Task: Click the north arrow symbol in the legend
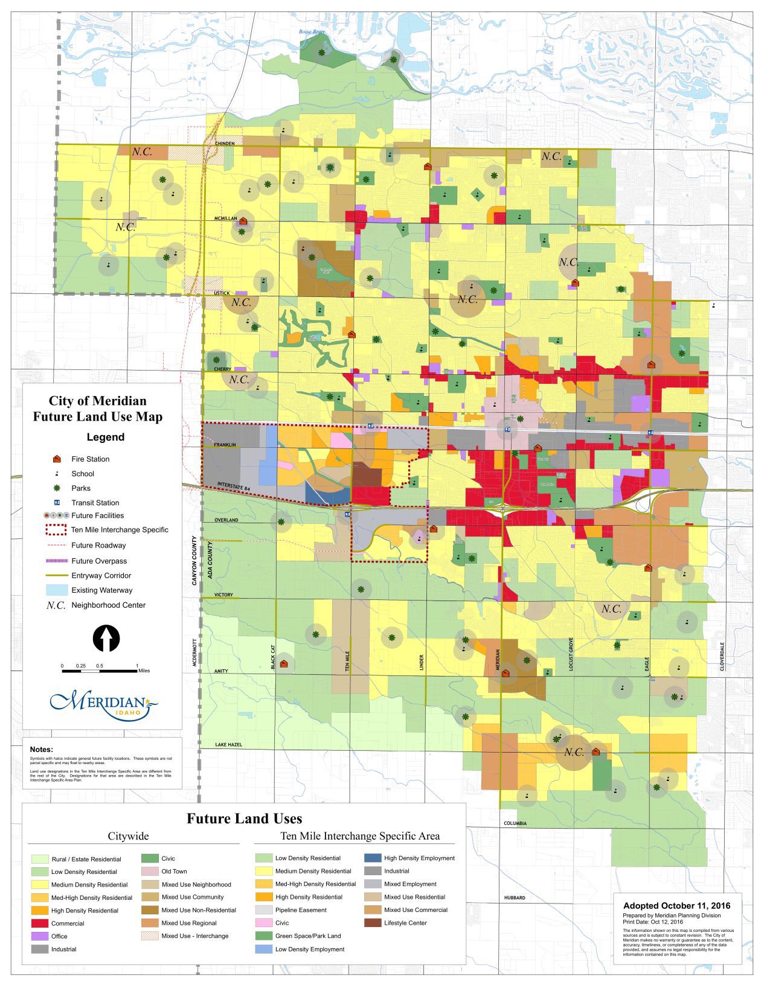click(106, 639)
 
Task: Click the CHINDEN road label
click(224, 144)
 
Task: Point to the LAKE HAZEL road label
click(228, 745)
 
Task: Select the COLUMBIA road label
click(515, 823)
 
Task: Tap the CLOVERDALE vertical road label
click(722, 655)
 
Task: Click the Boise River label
click(312, 31)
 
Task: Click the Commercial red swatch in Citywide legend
click(39, 923)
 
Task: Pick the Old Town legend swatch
click(149, 872)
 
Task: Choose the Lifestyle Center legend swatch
click(373, 923)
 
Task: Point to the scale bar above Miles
click(99, 671)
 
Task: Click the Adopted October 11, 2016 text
click(676, 905)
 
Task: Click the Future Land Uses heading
click(244, 818)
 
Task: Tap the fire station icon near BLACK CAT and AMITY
click(284, 663)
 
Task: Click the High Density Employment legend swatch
click(373, 858)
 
